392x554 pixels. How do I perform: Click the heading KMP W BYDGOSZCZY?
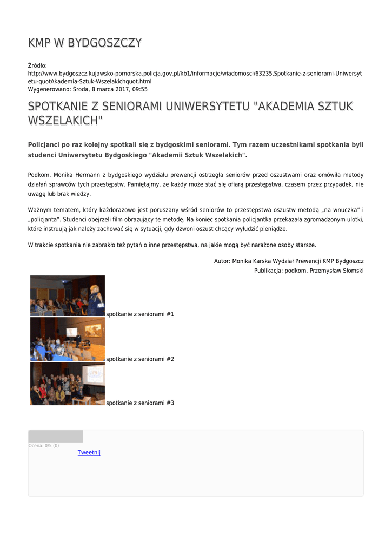[85, 43]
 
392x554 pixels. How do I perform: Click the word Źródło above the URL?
[37, 65]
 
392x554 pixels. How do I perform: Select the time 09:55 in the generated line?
[139, 89]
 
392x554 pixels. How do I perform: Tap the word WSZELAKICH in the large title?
[65, 120]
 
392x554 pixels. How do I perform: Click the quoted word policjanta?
[43, 219]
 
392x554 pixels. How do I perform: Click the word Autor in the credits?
[222, 261]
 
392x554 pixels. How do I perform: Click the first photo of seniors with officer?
[68, 296]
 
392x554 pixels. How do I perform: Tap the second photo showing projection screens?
[68, 339]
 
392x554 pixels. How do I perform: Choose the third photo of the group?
[68, 384]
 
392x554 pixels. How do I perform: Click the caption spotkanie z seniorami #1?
[140, 314]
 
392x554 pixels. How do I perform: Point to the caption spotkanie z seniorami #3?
[140, 403]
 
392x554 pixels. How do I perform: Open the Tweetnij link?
[89, 452]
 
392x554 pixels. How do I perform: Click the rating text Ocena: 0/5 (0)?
[44, 446]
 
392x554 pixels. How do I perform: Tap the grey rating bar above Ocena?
[56, 437]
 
